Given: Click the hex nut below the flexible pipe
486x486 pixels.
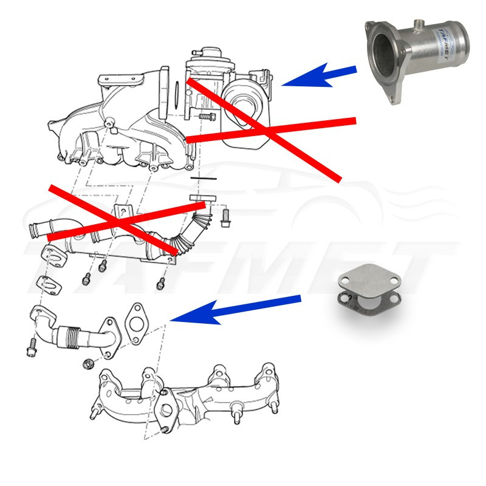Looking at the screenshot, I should tap(87, 364).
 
